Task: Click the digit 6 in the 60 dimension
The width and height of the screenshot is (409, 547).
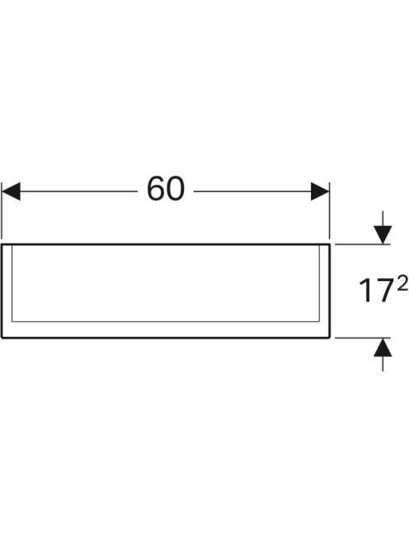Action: tap(156, 189)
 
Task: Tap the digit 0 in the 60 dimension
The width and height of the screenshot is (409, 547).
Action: tap(176, 189)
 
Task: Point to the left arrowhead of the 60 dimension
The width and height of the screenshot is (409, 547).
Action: tap(11, 191)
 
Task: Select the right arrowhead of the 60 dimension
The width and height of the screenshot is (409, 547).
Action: tap(320, 191)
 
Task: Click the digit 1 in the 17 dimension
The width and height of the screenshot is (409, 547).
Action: tap(366, 290)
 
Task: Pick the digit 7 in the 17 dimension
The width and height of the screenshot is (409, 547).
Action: tap(383, 290)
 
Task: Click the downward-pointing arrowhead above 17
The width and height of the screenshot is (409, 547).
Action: tap(383, 235)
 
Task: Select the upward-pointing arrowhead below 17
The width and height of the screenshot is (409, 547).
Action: tap(383, 348)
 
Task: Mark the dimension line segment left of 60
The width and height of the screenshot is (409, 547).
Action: tap(79, 191)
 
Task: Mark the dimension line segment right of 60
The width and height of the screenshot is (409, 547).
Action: tap(252, 191)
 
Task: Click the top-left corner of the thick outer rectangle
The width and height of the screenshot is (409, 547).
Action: tap(2, 245)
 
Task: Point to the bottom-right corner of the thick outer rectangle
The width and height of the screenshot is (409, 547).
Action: tap(329, 338)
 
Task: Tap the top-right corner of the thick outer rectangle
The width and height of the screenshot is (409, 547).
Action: tap(329, 245)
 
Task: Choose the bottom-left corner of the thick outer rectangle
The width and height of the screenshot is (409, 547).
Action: tap(2, 338)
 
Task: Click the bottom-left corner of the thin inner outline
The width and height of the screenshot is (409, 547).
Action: tap(12, 321)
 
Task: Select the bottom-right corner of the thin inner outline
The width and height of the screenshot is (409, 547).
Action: tap(319, 321)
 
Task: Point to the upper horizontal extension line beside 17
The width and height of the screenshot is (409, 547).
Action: tap(362, 245)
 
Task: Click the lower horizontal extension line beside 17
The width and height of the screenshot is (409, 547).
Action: tap(362, 338)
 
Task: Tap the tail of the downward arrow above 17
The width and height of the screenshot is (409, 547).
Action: tap(383, 212)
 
